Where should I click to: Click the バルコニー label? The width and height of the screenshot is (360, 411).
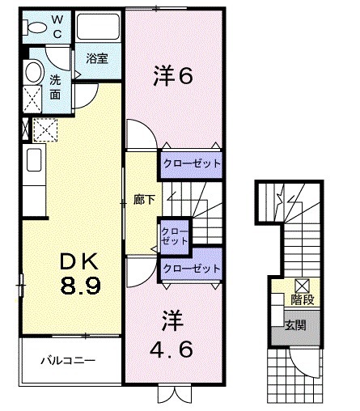pyautogui.click(x=69, y=361)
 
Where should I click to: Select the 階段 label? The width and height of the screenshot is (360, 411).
pyautogui.click(x=303, y=300)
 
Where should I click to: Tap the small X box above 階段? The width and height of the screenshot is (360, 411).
pyautogui.click(x=302, y=285)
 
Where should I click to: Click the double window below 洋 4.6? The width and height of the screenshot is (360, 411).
pyautogui.click(x=172, y=394)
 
